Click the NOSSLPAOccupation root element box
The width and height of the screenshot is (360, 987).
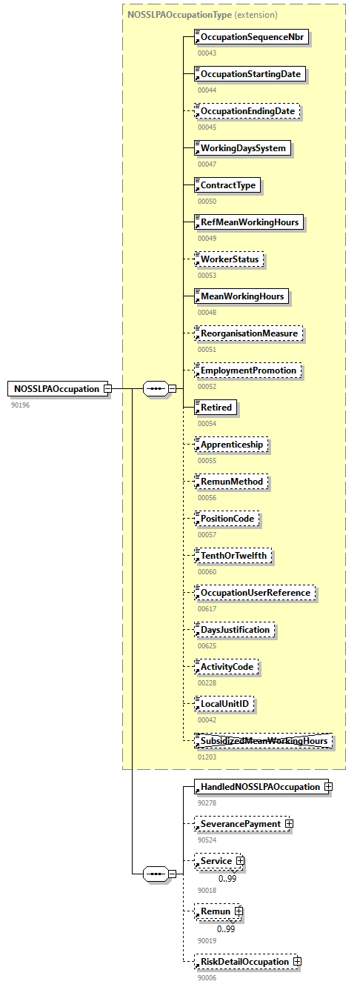pos(58,389)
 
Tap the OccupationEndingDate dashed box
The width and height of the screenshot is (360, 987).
pos(247,111)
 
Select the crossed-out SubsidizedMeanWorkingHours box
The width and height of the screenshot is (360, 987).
pos(262,741)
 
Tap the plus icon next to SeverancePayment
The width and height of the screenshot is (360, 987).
pos(289,824)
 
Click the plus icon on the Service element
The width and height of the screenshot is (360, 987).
pos(240,861)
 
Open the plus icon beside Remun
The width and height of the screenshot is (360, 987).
pos(239,911)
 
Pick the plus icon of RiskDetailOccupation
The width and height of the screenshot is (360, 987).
pos(297,962)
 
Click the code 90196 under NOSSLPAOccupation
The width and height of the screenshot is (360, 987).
pos(20,405)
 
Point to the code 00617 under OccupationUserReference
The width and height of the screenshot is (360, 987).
pos(207,609)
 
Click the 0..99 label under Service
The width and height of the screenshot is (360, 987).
pos(227,879)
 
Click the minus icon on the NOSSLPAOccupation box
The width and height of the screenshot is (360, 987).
pos(108,389)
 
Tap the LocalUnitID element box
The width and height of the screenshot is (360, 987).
pos(224,704)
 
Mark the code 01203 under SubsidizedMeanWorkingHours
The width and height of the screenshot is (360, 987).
pos(207,757)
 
